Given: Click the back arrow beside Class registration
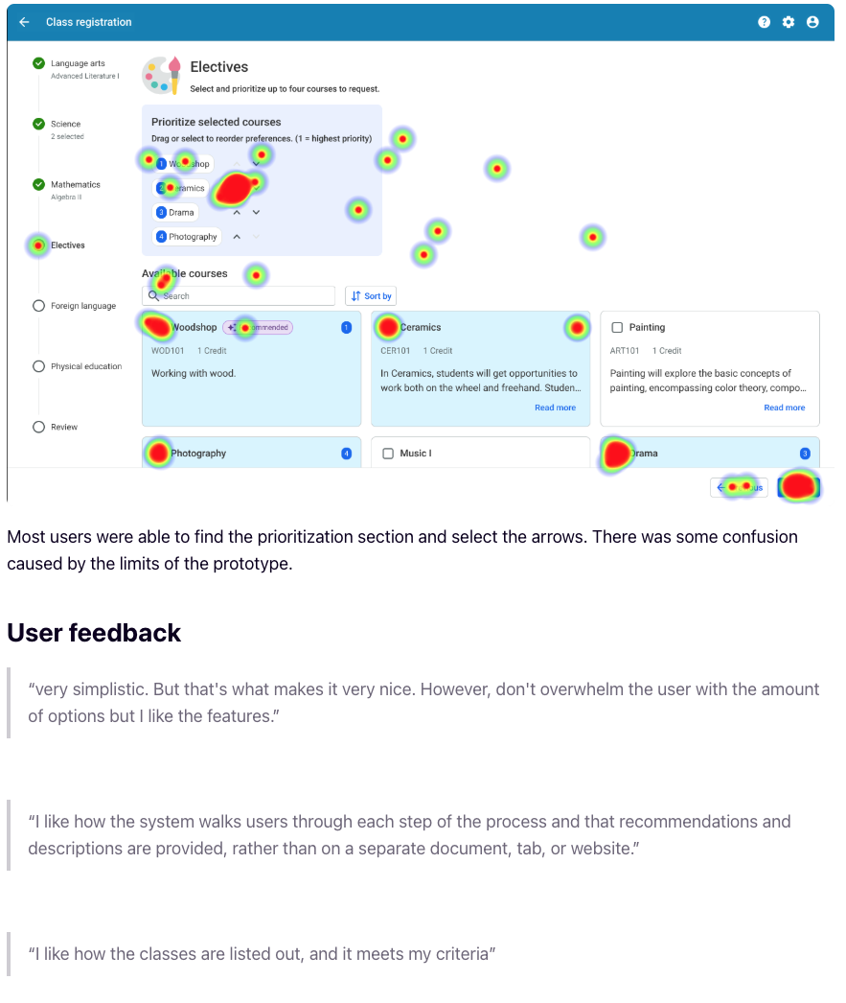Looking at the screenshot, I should (24, 22).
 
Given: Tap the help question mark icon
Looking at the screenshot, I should (764, 22).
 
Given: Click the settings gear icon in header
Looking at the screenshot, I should (788, 22).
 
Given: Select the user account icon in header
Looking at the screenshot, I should (812, 22).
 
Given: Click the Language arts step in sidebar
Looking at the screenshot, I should (78, 64).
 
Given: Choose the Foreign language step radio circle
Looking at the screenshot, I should (38, 306).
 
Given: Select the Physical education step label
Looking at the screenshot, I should (86, 366).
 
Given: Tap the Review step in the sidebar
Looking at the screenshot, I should (63, 427).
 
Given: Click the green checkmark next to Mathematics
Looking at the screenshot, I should (38, 184).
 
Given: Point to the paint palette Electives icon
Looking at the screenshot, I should (161, 75).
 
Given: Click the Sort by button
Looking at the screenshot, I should (371, 296).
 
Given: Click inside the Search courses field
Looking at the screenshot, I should (244, 296).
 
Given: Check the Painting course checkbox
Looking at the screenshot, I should (617, 328).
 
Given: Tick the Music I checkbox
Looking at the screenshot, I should (388, 454).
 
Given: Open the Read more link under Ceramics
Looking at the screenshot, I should (555, 408).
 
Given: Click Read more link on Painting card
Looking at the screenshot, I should (784, 408).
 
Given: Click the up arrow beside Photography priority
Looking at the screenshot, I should (237, 237).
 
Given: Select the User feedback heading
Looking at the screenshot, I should (94, 633).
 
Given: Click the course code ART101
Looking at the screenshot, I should (625, 351).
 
